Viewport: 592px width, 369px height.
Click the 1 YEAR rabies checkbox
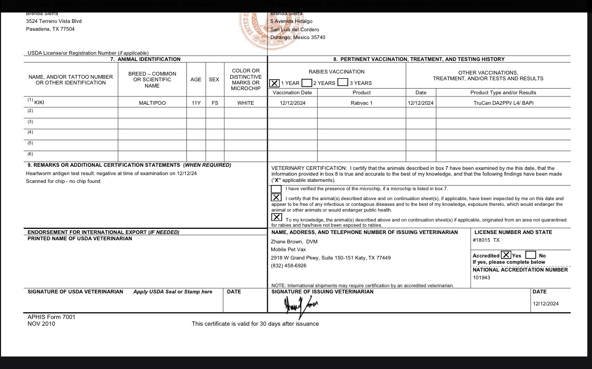274,83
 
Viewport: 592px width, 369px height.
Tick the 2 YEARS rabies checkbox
307,83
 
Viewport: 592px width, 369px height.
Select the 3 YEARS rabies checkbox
343,82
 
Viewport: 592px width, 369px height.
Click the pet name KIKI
39,103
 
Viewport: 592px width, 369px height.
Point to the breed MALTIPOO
152,103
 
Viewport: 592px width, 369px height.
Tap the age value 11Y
196,103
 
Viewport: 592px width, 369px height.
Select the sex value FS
215,103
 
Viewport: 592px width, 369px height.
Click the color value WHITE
246,103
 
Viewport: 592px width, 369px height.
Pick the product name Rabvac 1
361,103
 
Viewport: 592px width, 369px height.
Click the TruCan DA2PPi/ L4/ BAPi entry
503,103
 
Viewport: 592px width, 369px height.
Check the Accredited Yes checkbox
506,255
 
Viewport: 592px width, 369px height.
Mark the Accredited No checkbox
531,255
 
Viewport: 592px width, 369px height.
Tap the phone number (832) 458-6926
288,266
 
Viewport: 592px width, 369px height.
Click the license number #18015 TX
486,240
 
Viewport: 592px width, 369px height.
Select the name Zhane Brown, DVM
294,242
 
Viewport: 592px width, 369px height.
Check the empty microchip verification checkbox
276,189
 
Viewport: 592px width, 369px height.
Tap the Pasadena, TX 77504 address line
50,29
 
